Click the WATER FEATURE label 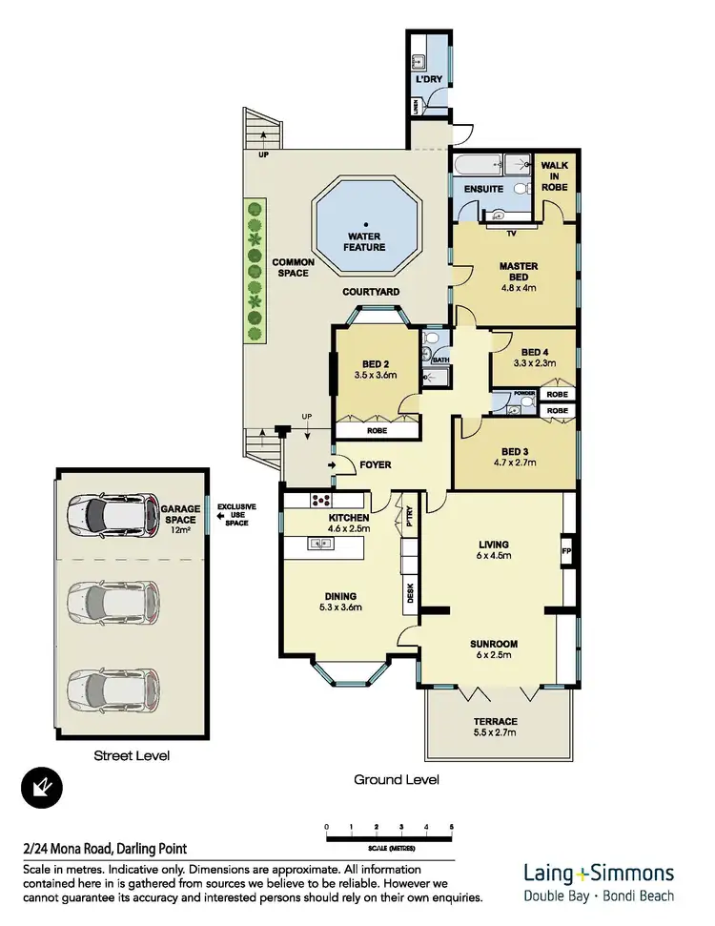click(x=366, y=241)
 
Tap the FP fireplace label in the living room click(x=566, y=550)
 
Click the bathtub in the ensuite click(x=473, y=164)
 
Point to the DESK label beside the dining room click(x=411, y=595)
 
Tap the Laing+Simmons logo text click(x=599, y=872)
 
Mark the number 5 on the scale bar click(x=452, y=826)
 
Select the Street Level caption click(x=132, y=756)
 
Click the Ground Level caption click(x=397, y=779)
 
